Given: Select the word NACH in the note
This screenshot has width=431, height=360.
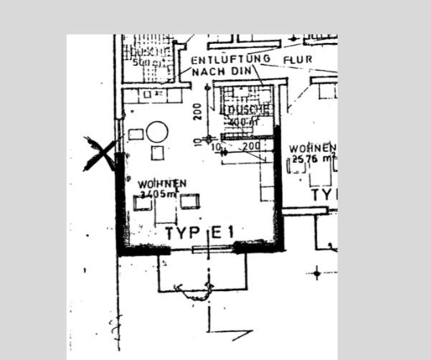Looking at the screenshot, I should (x=207, y=72).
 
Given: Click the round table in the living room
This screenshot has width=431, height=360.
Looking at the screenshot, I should (x=157, y=131).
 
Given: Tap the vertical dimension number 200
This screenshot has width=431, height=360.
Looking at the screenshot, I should (x=196, y=110).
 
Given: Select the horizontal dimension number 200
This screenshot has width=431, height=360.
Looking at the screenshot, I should (x=251, y=146).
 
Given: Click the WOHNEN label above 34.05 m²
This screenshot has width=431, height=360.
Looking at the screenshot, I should (x=163, y=184).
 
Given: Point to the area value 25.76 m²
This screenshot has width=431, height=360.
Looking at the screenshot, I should (x=313, y=158).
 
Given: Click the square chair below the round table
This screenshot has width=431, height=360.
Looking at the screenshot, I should (x=158, y=153).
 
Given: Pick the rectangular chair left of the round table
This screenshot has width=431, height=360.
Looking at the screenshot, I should (x=136, y=134).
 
